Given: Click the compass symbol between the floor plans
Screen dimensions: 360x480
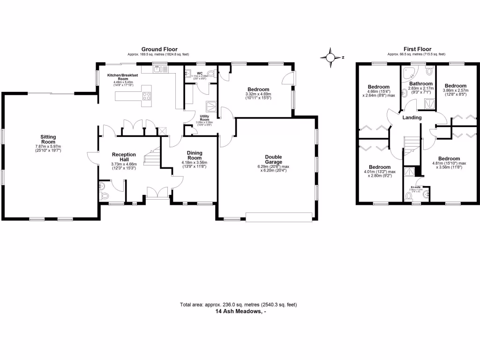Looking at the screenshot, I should tap(331, 58).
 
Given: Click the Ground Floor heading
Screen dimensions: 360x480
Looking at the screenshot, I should tap(159, 49).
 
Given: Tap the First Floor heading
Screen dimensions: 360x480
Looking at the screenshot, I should tap(417, 49).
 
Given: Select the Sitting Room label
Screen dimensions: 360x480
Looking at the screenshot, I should tap(48, 139).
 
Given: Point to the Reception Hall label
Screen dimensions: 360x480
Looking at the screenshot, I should tap(123, 157).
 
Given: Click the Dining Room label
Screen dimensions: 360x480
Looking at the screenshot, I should tap(194, 155).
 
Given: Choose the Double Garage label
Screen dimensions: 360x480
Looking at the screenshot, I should tap(273, 160).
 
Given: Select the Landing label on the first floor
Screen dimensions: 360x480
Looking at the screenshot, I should tap(412, 117).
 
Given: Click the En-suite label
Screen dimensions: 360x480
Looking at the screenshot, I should tap(415, 187).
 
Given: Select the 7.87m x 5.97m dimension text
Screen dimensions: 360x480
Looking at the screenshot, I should tap(48, 147).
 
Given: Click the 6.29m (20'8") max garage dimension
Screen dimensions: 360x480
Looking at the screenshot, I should tap(273, 166).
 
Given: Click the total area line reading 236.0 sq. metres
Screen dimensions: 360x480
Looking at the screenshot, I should tap(238, 305).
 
